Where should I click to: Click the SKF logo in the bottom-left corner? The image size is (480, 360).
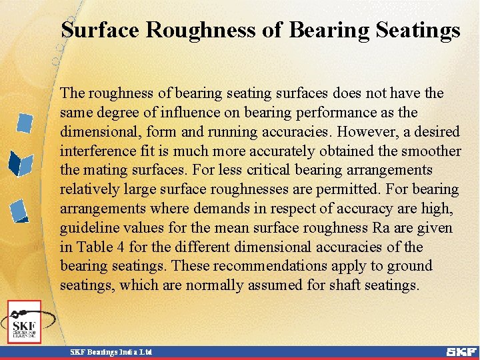pyautogui.click(x=25, y=323)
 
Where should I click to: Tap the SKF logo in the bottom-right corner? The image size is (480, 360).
pyautogui.click(x=461, y=351)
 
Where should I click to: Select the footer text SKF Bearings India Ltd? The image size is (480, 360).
pyautogui.click(x=111, y=351)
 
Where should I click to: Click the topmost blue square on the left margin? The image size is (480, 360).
pyautogui.click(x=25, y=123)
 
